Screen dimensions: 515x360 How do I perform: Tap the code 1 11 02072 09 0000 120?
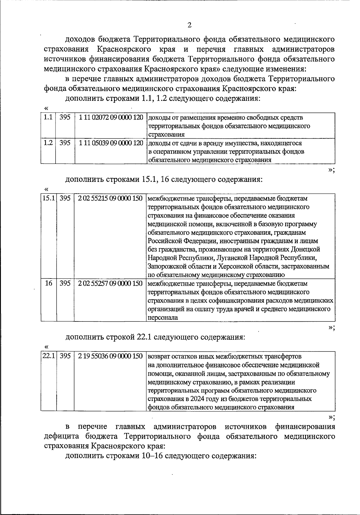coord(111,117)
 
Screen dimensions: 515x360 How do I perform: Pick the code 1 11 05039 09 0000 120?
coord(111,143)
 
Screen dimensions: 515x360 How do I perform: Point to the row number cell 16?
coord(49,283)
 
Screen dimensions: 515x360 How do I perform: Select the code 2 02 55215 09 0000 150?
coord(110,198)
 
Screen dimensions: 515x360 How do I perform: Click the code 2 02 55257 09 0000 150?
coord(110,283)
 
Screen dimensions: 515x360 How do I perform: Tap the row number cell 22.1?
coord(49,356)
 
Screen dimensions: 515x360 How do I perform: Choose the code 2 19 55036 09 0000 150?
coord(110,356)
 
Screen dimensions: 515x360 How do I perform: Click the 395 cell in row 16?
coord(65,283)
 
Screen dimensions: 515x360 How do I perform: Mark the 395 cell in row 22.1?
coord(65,356)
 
